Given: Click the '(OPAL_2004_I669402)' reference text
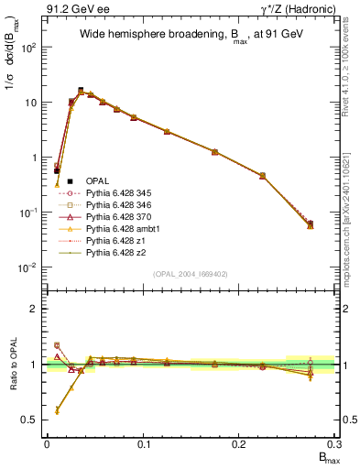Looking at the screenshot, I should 190,273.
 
